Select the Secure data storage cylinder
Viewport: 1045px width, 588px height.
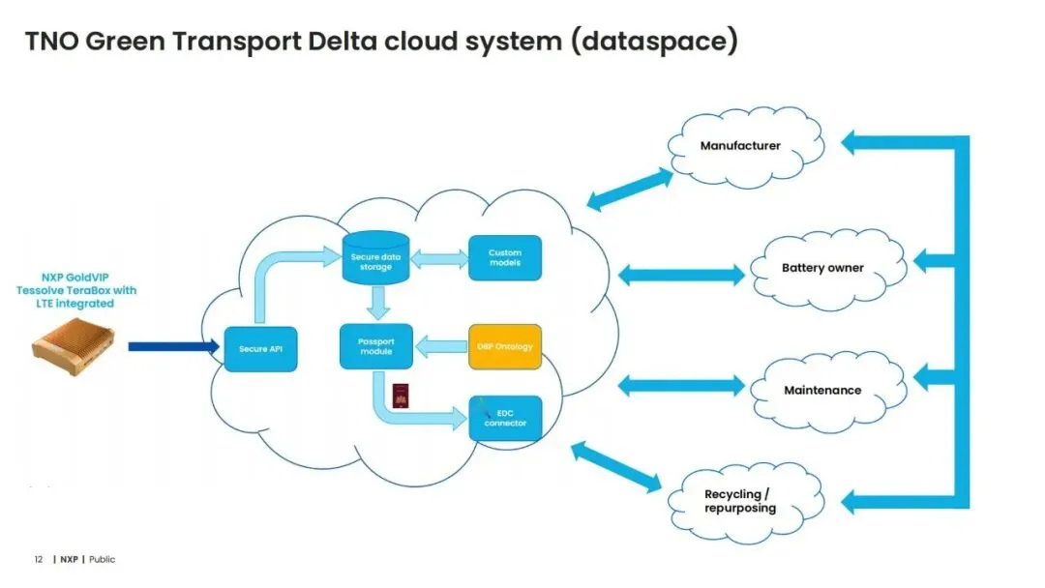pos(375,260)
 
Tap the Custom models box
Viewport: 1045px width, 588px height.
pos(504,257)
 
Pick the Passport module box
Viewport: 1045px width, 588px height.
pos(375,346)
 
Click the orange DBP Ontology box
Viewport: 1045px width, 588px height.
pos(504,346)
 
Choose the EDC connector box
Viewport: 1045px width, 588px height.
pos(504,418)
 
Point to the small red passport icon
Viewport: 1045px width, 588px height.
pos(400,395)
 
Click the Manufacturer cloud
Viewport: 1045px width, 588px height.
pos(741,146)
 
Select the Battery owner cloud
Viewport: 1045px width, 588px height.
pos(822,268)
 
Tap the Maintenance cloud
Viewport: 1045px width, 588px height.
pos(822,390)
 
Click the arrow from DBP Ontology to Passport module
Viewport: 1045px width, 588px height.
pos(440,345)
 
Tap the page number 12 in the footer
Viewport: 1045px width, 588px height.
pos(39,559)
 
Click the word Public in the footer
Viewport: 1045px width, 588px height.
pos(102,559)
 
